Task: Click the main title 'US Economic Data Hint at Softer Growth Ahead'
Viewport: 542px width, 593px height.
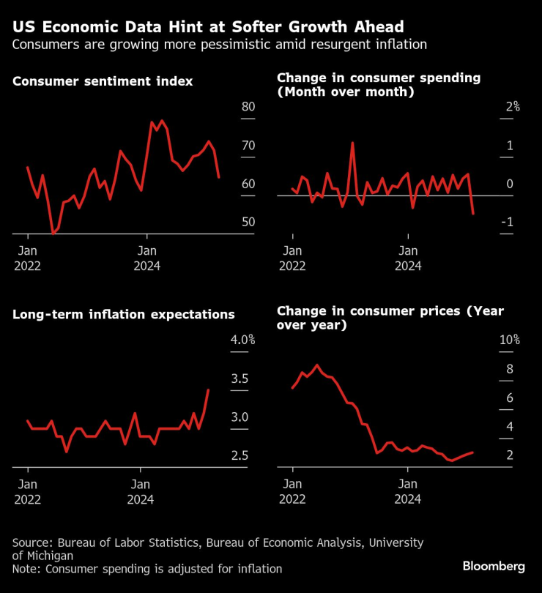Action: (x=207, y=27)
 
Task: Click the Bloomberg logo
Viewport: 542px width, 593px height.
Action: (x=494, y=567)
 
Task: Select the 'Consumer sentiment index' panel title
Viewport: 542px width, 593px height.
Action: (x=103, y=81)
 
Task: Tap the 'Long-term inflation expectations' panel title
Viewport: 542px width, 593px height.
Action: (x=123, y=315)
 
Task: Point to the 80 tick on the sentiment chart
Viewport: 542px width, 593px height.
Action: (x=248, y=107)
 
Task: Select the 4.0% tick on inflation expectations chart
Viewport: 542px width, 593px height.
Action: (x=242, y=340)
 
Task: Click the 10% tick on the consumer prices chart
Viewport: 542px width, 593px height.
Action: (x=511, y=340)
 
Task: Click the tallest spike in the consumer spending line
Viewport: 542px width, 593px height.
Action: (x=352, y=143)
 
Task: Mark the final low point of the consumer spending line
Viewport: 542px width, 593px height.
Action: (x=473, y=214)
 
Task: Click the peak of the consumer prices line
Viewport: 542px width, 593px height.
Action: (x=317, y=365)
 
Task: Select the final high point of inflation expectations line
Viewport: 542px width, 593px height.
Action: (x=209, y=389)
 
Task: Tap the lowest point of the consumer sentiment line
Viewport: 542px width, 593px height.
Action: (x=53, y=234)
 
